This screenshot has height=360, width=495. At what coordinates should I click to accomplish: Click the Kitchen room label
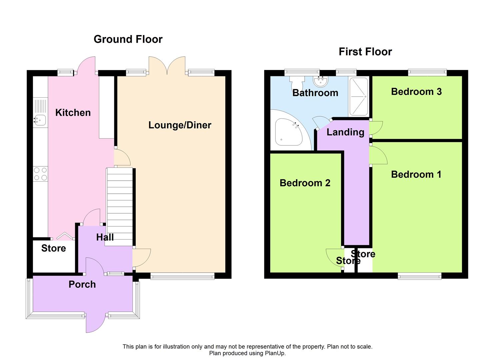[73, 113]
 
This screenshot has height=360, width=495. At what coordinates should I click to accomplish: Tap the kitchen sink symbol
[40, 119]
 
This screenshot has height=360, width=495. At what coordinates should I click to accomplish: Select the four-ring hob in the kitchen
[40, 174]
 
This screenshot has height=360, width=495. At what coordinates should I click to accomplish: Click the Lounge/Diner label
[180, 125]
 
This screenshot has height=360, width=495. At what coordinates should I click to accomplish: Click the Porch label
[82, 284]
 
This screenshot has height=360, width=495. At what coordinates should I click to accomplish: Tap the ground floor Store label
[53, 248]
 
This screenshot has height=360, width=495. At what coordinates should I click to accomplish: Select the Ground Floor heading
[128, 39]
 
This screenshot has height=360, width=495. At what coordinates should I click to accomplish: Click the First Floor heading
[365, 52]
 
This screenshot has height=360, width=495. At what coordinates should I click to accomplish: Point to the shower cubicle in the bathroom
[358, 97]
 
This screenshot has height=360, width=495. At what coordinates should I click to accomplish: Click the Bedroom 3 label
[416, 92]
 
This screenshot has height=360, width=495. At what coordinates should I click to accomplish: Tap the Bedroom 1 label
[416, 174]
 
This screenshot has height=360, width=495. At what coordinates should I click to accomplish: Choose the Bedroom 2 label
[305, 183]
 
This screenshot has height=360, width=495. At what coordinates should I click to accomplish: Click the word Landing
[345, 132]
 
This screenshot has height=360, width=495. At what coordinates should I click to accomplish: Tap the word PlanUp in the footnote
[275, 353]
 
